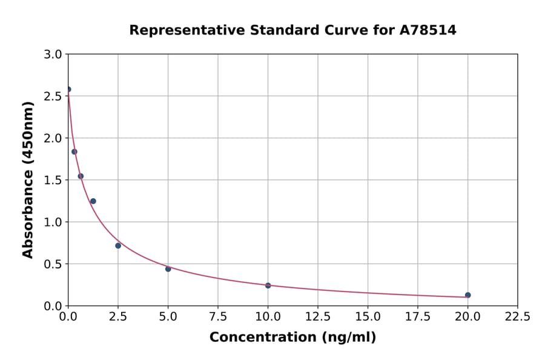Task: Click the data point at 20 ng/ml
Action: (x=467, y=295)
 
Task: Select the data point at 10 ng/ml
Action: (x=268, y=285)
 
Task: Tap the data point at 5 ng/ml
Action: (x=168, y=269)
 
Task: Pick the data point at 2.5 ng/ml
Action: (x=118, y=245)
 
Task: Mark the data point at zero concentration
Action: (x=68, y=89)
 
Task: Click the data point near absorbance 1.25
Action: (x=93, y=201)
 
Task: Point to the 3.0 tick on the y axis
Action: (x=54, y=55)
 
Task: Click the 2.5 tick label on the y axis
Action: (x=54, y=96)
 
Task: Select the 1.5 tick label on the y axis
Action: (x=54, y=180)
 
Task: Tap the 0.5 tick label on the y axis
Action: (x=54, y=264)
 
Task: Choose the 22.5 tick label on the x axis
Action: (x=517, y=316)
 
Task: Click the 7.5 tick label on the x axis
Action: (x=218, y=316)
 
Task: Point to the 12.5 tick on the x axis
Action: (x=318, y=316)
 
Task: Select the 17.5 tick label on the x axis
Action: (x=417, y=316)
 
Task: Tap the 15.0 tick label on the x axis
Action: (x=368, y=316)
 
